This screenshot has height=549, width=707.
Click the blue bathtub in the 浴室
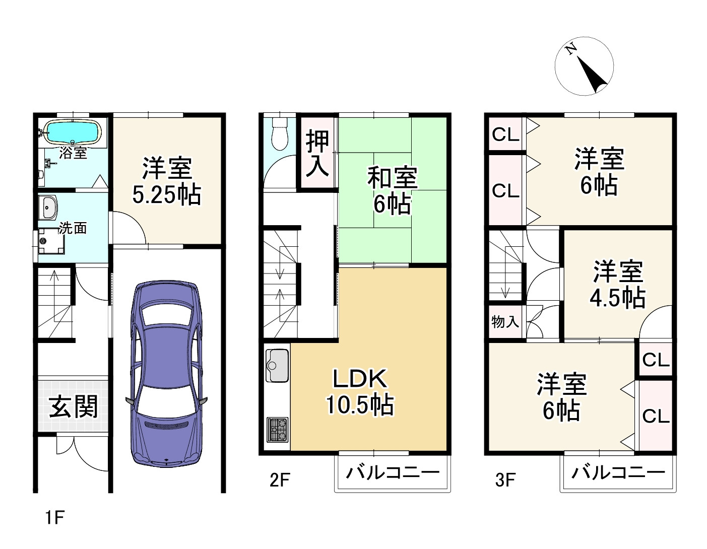coord(73,132)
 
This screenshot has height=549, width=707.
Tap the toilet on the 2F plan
coord(279,134)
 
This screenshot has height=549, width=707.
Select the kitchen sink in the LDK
coord(277,365)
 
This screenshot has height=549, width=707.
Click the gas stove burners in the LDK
coord(277,430)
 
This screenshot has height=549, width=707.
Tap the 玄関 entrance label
coord(74,406)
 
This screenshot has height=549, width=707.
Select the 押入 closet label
coord(317,154)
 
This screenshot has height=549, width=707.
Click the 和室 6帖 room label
coord(392,190)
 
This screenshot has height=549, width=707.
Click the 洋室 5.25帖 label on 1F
coord(167,181)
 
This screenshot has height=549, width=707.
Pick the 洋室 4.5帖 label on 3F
coord(617,284)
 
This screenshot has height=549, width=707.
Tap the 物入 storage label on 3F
coord(505,322)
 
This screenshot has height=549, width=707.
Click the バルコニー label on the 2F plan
coord(392,473)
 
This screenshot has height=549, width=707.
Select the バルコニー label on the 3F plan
coord(618,473)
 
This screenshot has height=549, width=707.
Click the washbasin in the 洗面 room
coord(49,207)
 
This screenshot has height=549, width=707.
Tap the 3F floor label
coord(505,480)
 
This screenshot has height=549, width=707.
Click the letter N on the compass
coord(571,49)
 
